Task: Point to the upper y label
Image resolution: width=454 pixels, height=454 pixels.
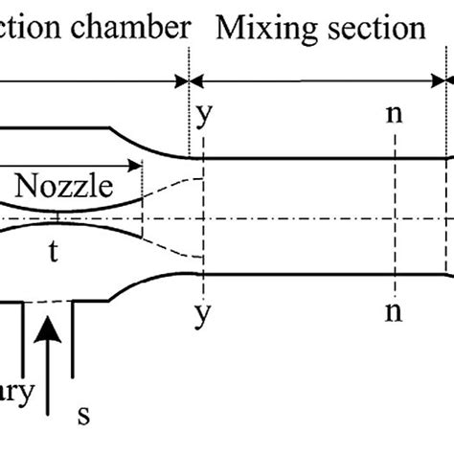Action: click(203, 117)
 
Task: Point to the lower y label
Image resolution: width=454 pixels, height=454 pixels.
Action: click(203, 313)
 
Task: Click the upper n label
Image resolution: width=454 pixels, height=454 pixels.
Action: click(394, 117)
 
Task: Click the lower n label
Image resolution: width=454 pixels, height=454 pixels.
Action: click(394, 313)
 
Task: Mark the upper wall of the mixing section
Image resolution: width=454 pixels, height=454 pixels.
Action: click(316, 156)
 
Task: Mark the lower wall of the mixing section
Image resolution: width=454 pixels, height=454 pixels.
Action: click(316, 275)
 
